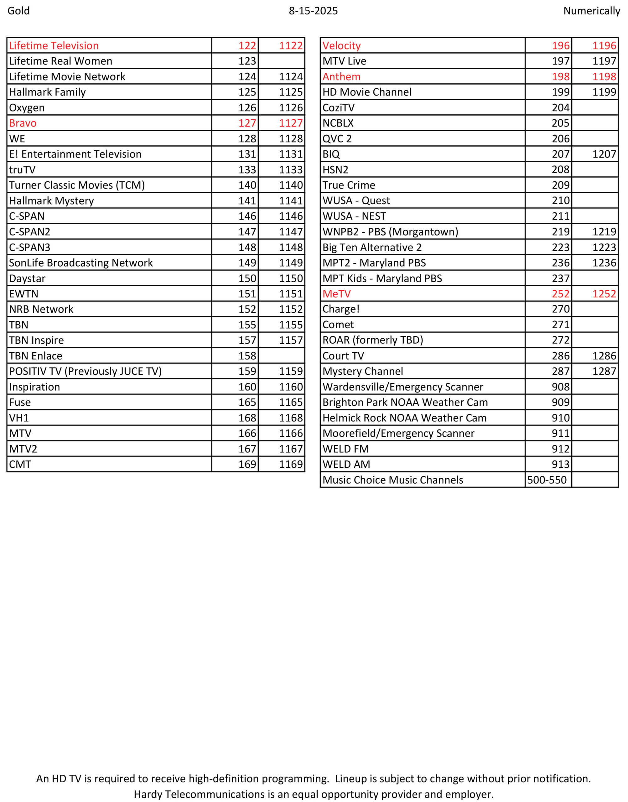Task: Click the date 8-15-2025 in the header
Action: coord(313,11)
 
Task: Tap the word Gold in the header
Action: coord(18,11)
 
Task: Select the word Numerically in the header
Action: coord(591,11)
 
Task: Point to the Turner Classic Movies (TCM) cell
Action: coord(77,185)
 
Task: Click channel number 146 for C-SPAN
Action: coord(247,216)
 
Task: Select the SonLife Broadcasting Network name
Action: coord(81,263)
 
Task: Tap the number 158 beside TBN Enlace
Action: coord(247,356)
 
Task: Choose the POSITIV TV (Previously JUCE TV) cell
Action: coord(85,372)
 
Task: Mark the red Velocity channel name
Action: coord(342,46)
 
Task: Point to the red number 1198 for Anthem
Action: coord(604,76)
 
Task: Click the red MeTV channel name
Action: coord(336,294)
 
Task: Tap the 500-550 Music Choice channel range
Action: coord(547,480)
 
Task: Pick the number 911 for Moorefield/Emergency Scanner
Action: coord(560,433)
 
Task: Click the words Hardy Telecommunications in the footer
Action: coord(199,794)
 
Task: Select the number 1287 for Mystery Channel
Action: coord(604,372)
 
